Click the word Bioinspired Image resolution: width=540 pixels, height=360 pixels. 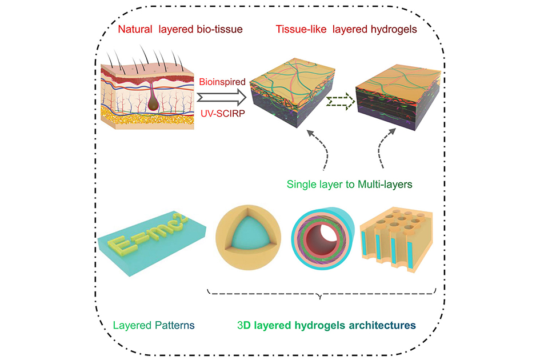223,82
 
